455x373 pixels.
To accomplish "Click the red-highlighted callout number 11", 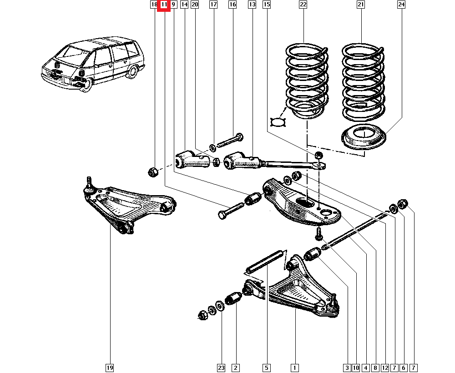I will point(164,5).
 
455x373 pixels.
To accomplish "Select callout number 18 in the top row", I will point(154,5).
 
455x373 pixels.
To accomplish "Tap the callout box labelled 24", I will point(401,5).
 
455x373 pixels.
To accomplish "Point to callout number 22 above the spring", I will point(303,5).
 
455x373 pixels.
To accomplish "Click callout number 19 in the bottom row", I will point(110,368).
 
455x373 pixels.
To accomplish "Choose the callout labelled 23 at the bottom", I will point(221,368).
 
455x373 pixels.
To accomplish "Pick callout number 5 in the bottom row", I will point(266,368).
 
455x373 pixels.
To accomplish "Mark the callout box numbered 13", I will point(252,5).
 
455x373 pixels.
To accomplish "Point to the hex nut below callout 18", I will point(153,171).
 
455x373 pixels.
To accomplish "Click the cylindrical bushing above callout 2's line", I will point(234,298).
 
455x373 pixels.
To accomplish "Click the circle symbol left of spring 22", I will point(278,121).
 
